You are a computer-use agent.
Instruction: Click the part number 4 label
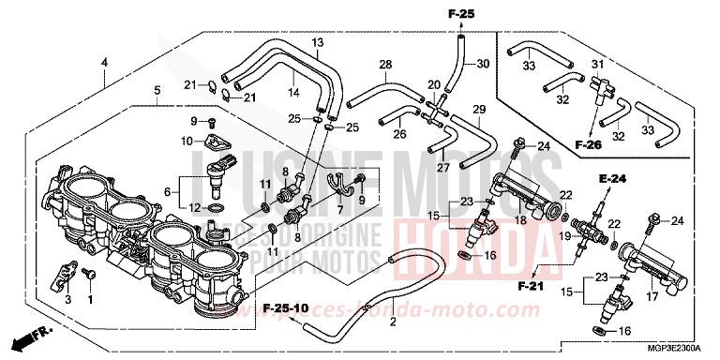104,62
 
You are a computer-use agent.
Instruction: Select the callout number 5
157,90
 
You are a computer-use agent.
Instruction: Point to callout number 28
384,64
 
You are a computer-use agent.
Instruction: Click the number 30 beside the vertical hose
483,64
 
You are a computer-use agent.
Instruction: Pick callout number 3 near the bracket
67,299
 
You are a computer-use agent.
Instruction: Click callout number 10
186,141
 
